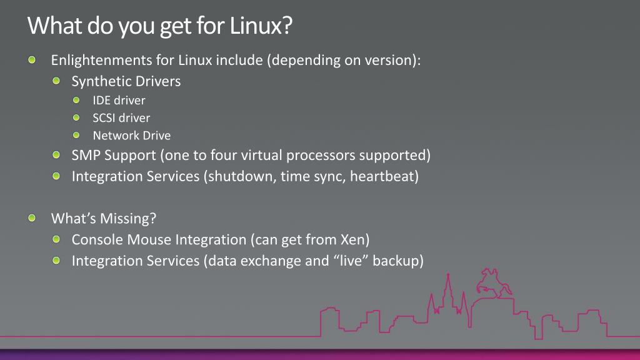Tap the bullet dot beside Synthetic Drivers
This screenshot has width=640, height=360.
click(57, 81)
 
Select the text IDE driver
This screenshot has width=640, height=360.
click(119, 100)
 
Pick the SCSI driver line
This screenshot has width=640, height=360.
click(121, 117)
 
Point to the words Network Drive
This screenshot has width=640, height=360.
click(131, 136)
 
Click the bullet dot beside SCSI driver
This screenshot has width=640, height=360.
click(77, 117)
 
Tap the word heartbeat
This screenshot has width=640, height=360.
click(384, 176)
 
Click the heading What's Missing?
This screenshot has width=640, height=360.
click(103, 219)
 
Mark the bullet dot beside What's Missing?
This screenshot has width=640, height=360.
click(32, 219)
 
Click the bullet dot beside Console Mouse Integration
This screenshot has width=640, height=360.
click(57, 239)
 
